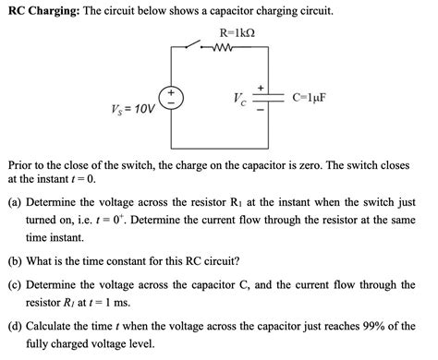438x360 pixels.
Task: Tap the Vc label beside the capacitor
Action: [238, 99]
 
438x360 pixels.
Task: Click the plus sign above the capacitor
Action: [262, 86]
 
